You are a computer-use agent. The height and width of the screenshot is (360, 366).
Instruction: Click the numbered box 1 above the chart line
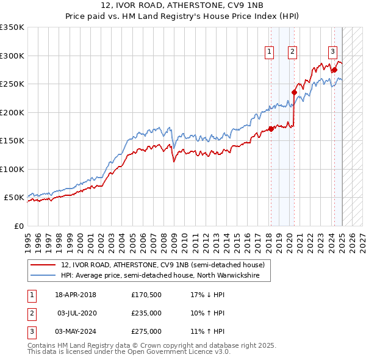point(269,52)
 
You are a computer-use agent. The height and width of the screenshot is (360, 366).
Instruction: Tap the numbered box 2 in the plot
point(293,52)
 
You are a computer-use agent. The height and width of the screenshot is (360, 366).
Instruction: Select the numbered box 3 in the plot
point(333,52)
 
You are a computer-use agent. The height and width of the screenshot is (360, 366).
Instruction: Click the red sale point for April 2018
point(270,129)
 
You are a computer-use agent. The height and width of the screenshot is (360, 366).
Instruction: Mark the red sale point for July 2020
point(294,93)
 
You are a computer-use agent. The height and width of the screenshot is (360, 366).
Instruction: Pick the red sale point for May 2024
point(334,70)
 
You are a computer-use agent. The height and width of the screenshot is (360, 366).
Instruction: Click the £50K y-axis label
point(14,198)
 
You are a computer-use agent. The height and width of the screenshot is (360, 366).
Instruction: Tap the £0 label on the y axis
point(18,226)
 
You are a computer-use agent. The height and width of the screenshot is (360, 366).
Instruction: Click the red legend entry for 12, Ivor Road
point(162,265)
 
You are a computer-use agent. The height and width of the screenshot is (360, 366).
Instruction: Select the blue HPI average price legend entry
point(160,276)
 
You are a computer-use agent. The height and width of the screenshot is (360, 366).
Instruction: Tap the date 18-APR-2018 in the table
point(76,295)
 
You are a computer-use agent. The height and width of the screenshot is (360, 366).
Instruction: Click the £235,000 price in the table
point(146,313)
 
